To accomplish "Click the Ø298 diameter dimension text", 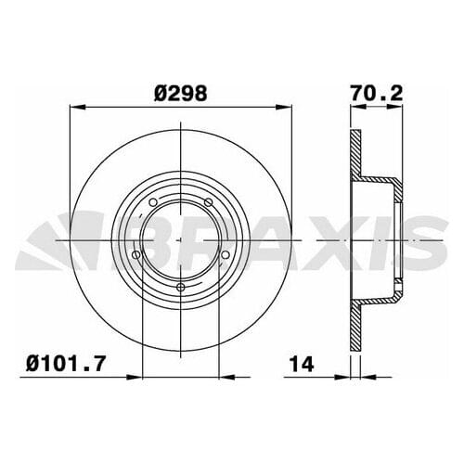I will (182, 94).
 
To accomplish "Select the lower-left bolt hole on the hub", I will (136, 254).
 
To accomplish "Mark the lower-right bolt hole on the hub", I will (226, 254).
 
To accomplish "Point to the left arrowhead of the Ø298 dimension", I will (75, 108).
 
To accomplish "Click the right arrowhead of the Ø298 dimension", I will (287, 108).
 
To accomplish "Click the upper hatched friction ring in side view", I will (354, 154).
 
